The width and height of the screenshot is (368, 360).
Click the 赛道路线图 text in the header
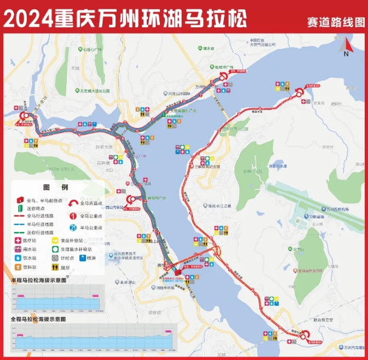click(336, 22)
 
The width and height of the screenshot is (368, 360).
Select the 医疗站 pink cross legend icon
click(18, 240)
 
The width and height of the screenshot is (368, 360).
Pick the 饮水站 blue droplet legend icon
click(18, 258)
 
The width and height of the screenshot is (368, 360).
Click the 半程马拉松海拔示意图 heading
click(39, 280)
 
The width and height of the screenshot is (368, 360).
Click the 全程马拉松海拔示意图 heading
click(39, 318)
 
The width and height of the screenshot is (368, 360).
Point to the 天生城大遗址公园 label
click(94, 91)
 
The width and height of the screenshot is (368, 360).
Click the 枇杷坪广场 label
click(225, 67)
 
